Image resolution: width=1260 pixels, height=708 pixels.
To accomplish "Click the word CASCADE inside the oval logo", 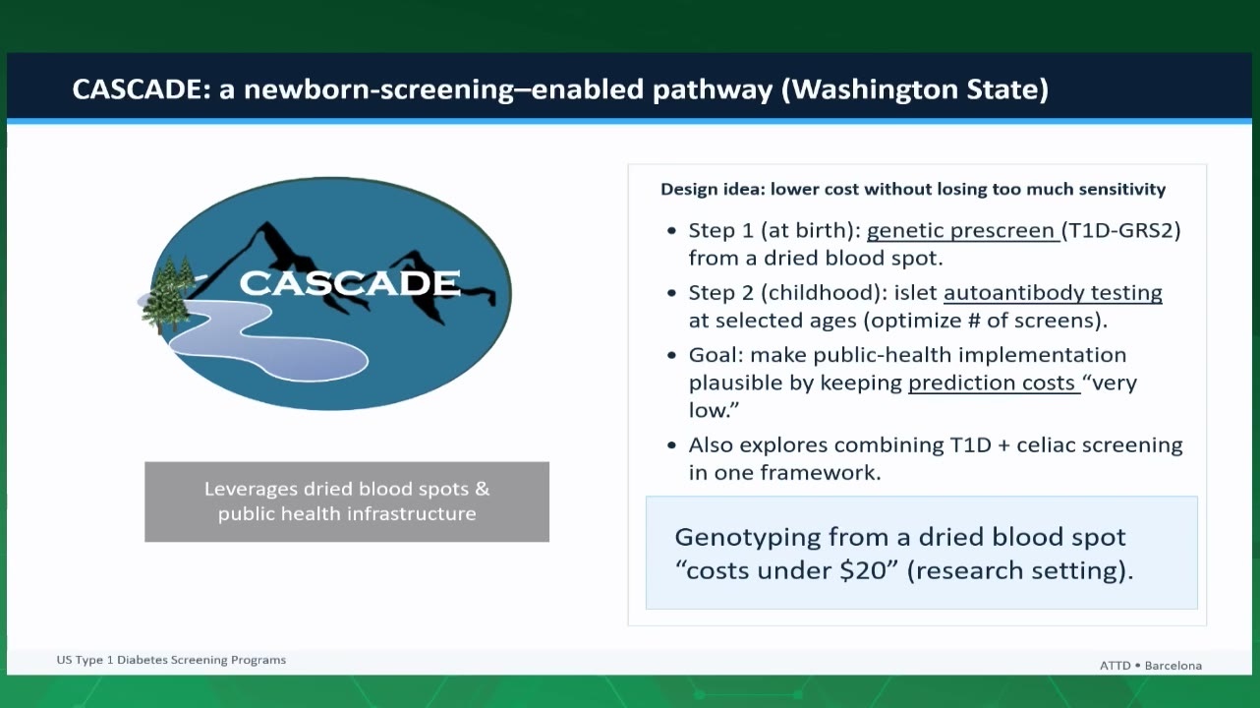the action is (350, 282).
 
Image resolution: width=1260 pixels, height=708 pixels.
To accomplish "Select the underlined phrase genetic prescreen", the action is (961, 231).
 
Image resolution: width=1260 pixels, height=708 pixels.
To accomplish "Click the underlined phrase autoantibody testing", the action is (1053, 293).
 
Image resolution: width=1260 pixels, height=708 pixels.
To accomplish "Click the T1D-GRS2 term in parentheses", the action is (1121, 230).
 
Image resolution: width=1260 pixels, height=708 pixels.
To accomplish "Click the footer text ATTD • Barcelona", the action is (1151, 666).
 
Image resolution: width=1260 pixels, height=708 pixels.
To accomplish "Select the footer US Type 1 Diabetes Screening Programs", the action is (171, 660).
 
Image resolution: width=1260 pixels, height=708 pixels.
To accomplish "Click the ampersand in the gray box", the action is (482, 489).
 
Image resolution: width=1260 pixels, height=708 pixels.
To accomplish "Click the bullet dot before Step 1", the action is (671, 231).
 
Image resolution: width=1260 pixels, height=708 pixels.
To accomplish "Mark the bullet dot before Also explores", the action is (671, 445).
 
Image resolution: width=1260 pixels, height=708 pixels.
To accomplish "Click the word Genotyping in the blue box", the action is (748, 538).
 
